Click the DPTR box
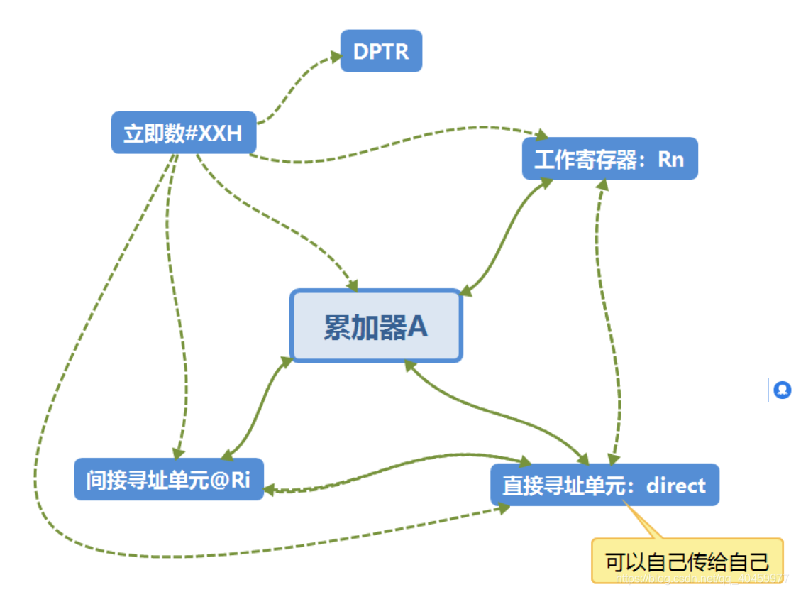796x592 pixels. tap(381, 51)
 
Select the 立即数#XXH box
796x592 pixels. tap(183, 133)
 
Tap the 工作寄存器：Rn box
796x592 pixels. tap(609, 158)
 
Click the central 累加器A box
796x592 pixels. tap(376, 326)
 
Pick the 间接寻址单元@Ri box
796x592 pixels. tap(169, 479)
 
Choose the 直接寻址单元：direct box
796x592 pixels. tap(604, 485)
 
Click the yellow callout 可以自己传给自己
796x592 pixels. tap(687, 561)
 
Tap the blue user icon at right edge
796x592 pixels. tap(783, 390)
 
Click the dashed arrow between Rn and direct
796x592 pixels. tap(608, 319)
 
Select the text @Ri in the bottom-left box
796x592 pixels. tap(231, 480)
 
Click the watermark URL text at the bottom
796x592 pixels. tap(702, 579)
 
